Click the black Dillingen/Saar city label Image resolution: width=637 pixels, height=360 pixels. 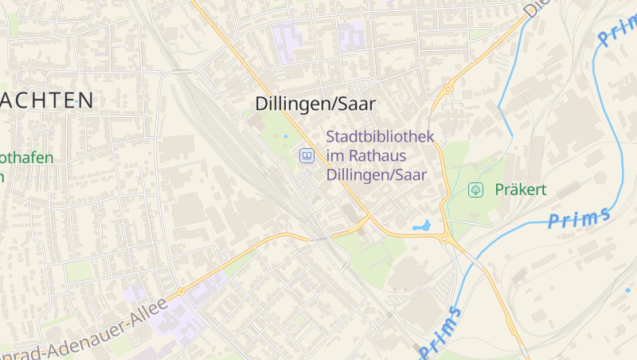[315, 104]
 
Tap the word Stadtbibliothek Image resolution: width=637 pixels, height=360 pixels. [380, 136]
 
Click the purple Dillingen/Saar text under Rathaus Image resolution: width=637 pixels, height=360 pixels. [377, 174]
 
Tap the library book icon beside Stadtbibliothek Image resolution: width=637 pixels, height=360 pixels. [306, 155]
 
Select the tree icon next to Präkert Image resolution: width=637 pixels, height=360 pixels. [476, 190]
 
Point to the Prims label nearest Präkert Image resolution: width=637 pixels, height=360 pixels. [580, 217]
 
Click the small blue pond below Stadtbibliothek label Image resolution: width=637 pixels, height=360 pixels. [422, 226]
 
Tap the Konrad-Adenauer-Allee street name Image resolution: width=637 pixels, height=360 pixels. [84, 331]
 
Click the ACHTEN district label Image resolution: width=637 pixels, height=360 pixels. [48, 100]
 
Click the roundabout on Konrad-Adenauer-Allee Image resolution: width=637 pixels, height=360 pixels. [181, 292]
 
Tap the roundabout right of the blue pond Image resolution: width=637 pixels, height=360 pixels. [444, 238]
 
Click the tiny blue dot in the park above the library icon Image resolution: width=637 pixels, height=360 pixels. [286, 136]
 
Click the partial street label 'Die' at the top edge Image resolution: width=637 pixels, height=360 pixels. [537, 8]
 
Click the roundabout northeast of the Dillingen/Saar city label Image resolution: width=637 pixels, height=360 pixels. [448, 89]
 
